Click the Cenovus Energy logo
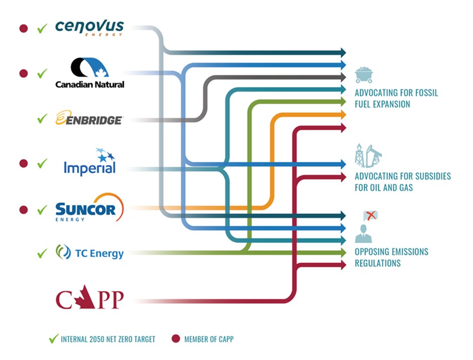point(89,28)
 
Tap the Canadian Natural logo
point(90,73)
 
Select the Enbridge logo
point(89,119)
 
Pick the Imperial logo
point(90,163)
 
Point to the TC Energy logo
point(90,253)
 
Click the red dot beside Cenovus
point(23,28)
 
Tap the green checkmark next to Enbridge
point(42,119)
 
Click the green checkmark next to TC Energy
point(42,253)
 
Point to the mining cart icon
point(363,75)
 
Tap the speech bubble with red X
point(370,216)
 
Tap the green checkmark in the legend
point(53,339)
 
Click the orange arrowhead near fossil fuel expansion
point(343,115)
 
